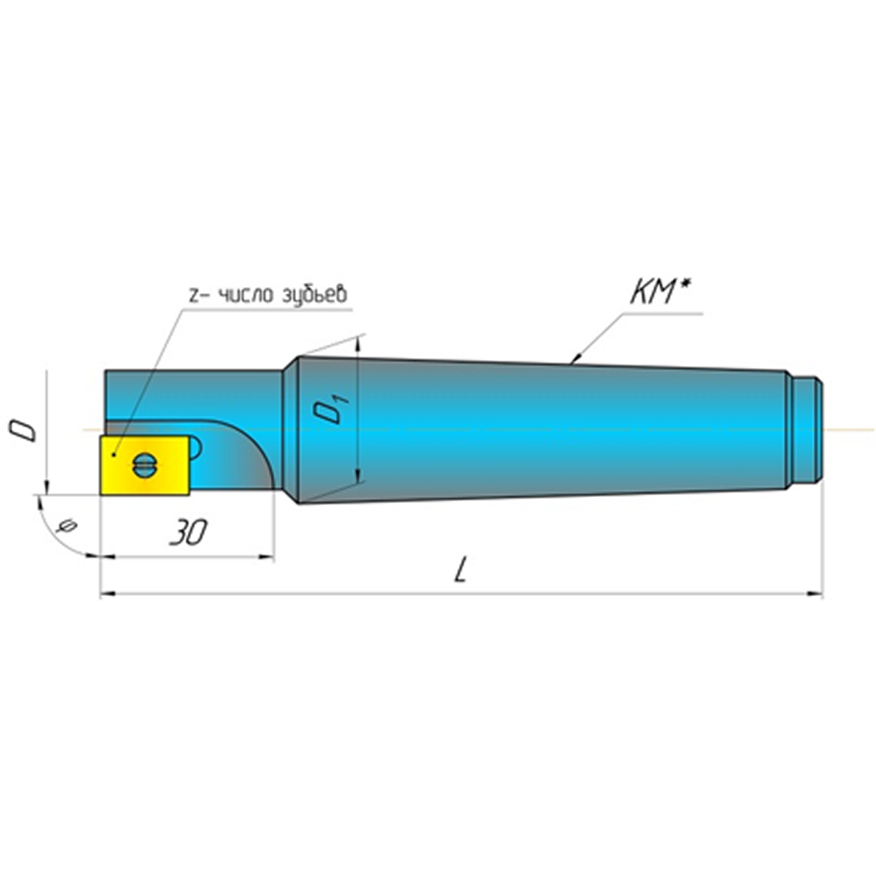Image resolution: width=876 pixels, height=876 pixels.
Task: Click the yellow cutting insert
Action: (145, 465)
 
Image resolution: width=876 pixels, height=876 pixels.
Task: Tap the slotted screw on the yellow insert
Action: (145, 464)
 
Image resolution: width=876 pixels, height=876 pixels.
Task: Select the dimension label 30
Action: (188, 533)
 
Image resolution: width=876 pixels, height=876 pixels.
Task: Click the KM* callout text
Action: (661, 293)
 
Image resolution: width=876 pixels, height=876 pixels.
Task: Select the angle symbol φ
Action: (67, 526)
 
